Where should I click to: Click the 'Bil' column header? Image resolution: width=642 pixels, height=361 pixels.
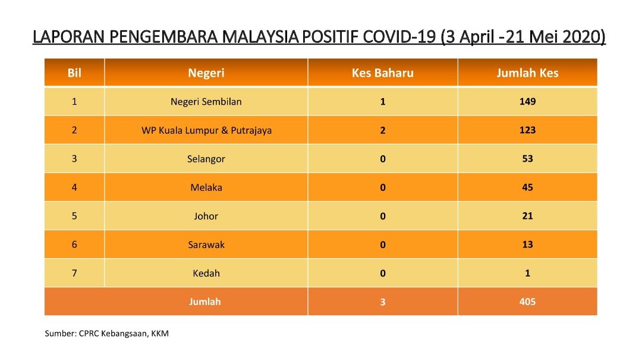pyautogui.click(x=74, y=73)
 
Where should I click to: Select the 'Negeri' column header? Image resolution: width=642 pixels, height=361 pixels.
pyautogui.click(x=206, y=73)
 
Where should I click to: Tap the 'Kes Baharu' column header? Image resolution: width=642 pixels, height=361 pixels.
pyautogui.click(x=382, y=73)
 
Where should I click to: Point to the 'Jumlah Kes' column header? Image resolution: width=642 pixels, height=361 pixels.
pyautogui.click(x=527, y=73)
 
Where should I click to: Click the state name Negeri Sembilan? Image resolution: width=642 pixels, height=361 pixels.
pyautogui.click(x=206, y=102)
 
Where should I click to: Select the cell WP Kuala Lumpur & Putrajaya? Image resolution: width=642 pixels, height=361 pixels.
pyautogui.click(x=206, y=130)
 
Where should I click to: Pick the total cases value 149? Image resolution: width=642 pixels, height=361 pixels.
pyautogui.click(x=527, y=101)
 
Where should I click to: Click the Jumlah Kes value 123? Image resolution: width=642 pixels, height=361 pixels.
pyautogui.click(x=527, y=130)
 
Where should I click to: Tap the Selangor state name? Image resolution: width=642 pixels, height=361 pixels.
pyautogui.click(x=206, y=159)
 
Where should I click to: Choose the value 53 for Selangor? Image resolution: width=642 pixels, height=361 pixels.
pyautogui.click(x=527, y=159)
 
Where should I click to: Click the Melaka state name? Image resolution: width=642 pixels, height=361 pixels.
pyautogui.click(x=206, y=187)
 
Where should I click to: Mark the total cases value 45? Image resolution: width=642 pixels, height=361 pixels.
pyautogui.click(x=527, y=187)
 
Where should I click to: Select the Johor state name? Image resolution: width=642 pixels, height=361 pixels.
pyautogui.click(x=206, y=216)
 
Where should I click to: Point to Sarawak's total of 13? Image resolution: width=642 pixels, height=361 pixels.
pyautogui.click(x=527, y=244)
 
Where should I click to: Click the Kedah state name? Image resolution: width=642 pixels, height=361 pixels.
pyautogui.click(x=206, y=274)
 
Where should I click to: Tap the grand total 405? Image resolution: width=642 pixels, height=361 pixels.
pyautogui.click(x=527, y=302)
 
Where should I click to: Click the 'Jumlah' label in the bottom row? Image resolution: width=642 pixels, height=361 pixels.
pyautogui.click(x=204, y=302)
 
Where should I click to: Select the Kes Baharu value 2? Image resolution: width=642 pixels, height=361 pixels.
pyautogui.click(x=382, y=130)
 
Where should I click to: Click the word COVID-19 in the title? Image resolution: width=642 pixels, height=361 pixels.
pyautogui.click(x=399, y=36)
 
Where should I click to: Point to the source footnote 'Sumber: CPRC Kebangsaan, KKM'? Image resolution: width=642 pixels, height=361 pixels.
pyautogui.click(x=106, y=334)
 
